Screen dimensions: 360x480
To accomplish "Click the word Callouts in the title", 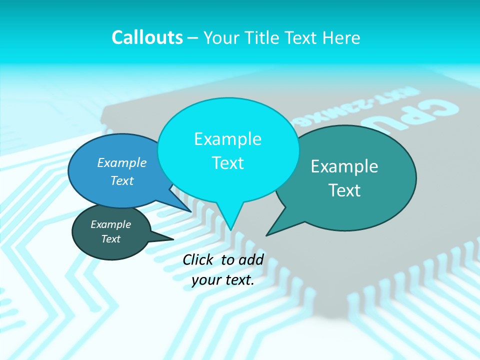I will tap(147, 37).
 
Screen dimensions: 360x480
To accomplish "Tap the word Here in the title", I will tap(341, 37).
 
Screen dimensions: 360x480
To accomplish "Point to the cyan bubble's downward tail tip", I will tap(230, 229).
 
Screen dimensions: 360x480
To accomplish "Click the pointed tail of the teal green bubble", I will tap(267, 234).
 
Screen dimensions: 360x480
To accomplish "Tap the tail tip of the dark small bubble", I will tap(172, 239).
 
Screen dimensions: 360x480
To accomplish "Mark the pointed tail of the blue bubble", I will tap(191, 211).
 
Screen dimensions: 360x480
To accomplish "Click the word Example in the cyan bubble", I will tap(227, 139).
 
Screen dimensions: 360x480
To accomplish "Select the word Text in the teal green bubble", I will tap(344, 190).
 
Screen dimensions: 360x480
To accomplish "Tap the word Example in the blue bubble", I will tap(122, 163).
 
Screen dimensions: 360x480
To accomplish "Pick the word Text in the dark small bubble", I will tap(110, 239).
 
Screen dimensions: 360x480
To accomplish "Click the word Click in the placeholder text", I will tap(199, 259).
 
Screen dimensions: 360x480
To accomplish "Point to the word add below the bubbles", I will tap(250, 259).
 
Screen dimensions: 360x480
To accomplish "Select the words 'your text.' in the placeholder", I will tap(222, 280).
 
